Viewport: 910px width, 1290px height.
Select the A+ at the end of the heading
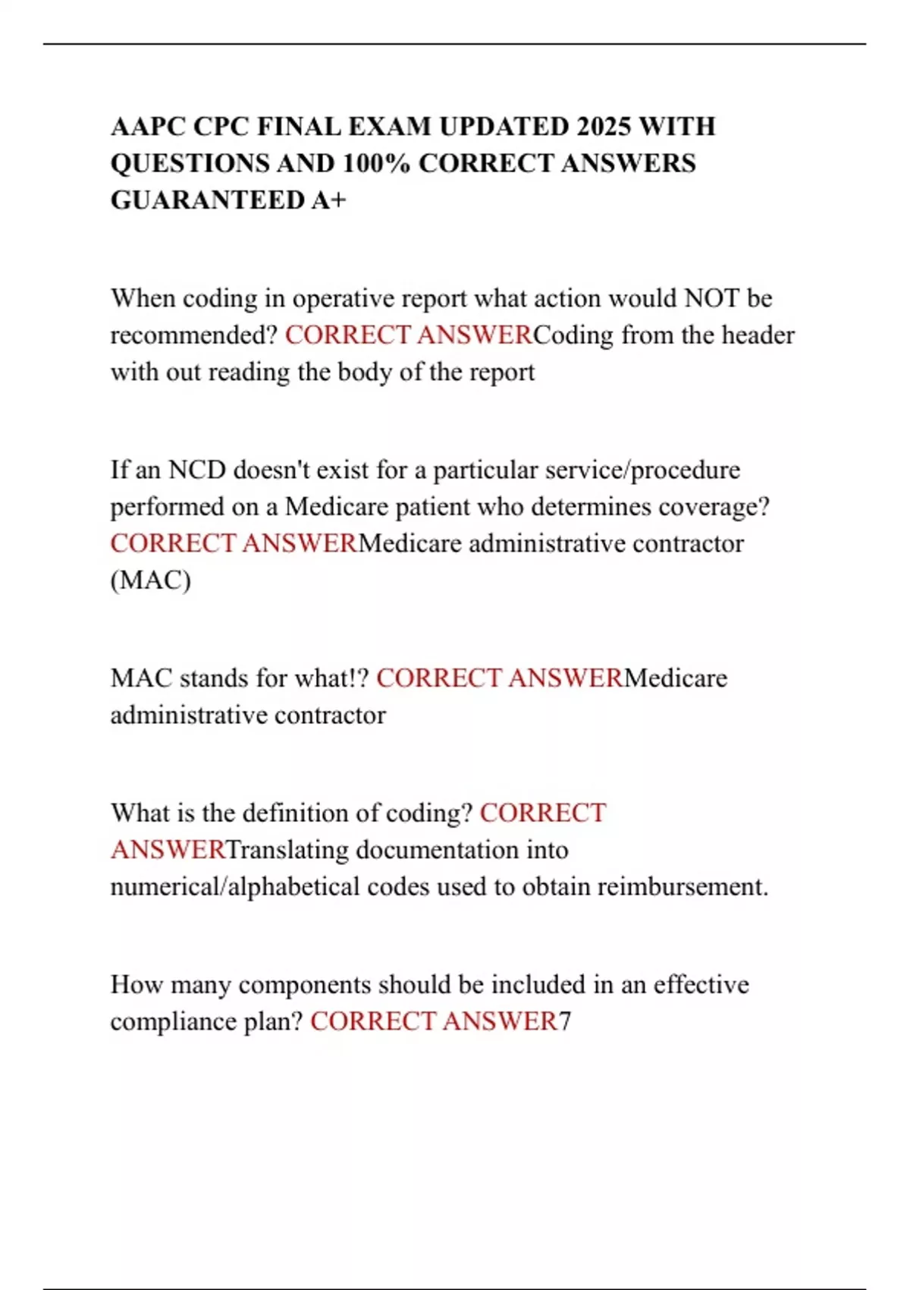(328, 200)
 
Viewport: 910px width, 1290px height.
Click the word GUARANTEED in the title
(207, 200)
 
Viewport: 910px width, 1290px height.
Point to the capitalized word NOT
(711, 298)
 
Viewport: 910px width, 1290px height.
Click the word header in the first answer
(757, 335)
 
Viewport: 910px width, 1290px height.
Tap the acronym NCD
(197, 470)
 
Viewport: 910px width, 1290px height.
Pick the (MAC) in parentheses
(151, 580)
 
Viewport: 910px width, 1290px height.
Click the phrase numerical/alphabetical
(234, 886)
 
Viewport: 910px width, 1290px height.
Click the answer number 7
(565, 1021)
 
